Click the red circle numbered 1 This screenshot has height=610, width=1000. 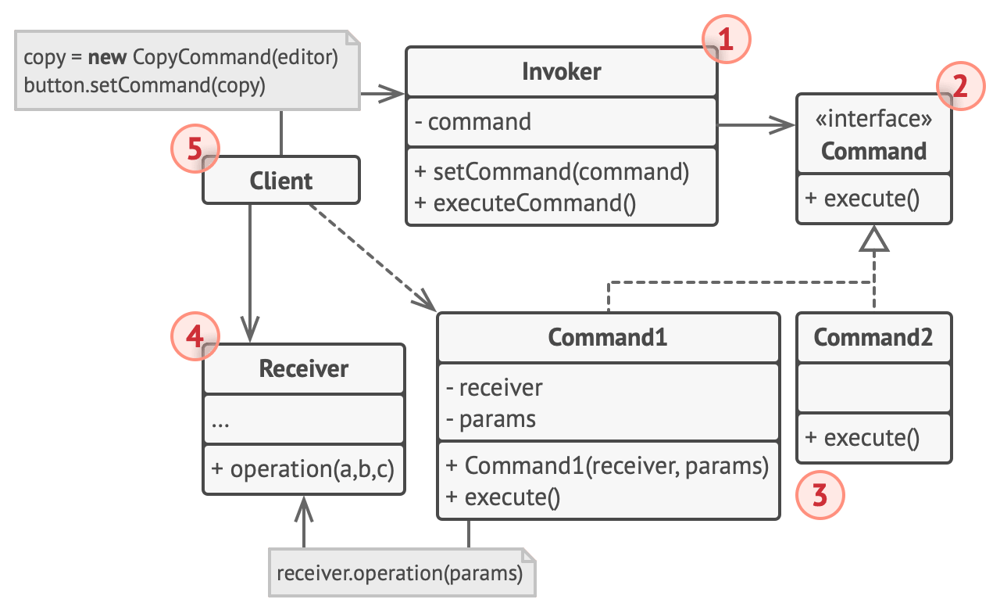tap(726, 38)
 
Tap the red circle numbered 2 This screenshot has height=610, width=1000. tap(960, 86)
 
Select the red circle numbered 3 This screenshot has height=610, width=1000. tap(819, 495)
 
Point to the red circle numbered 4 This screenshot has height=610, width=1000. tap(195, 337)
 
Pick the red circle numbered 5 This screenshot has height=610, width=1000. tap(195, 148)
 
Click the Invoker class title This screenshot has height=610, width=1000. tap(561, 72)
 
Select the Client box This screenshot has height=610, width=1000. tap(281, 181)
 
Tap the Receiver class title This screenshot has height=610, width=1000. tap(304, 368)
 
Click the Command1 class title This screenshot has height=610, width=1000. tap(607, 337)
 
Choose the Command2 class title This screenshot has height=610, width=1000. tap(873, 337)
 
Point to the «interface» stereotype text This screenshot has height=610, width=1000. tap(873, 120)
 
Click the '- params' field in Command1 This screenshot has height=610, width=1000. tap(491, 418)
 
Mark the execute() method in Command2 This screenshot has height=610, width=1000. tap(862, 437)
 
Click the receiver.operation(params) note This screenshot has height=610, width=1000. tap(400, 573)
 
